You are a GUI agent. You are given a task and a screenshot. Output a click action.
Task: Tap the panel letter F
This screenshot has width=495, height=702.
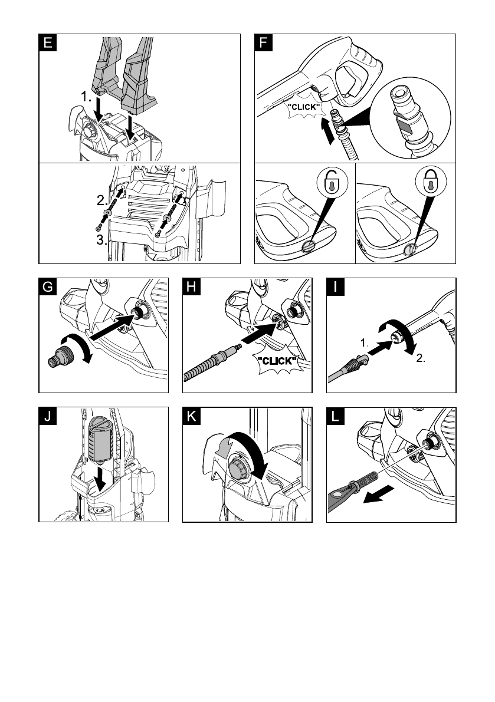(263, 43)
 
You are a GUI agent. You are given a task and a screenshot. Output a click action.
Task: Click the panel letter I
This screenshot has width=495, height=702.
(336, 288)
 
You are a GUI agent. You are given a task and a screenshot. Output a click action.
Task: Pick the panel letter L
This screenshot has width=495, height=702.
(336, 417)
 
